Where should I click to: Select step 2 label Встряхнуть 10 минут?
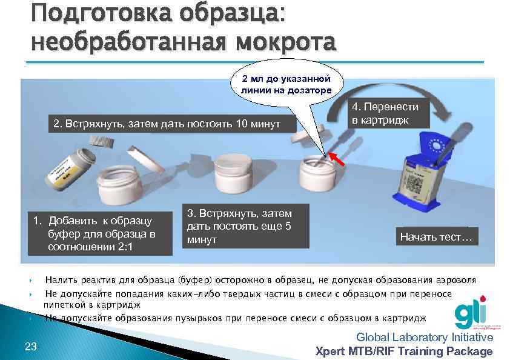pyautogui.click(x=167, y=124)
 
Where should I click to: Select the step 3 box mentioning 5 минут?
pyautogui.click(x=245, y=227)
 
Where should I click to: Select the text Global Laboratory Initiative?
pyautogui.click(x=424, y=338)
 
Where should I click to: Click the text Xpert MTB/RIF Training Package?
pyautogui.click(x=404, y=351)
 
